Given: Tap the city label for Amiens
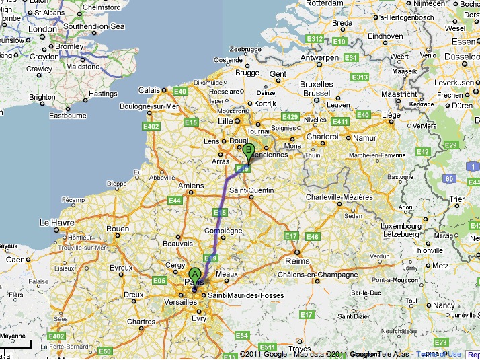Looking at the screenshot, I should click(x=190, y=186).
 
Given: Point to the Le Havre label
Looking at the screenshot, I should click(x=55, y=221).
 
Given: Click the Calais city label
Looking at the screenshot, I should click(x=149, y=89).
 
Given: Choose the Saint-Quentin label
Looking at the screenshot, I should click(x=251, y=190).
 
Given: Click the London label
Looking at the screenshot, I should click(x=43, y=29).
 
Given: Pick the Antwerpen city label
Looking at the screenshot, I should click(x=319, y=58).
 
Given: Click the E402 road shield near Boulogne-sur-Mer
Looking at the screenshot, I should click(x=151, y=126).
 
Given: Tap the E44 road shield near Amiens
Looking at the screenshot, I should click(x=175, y=200).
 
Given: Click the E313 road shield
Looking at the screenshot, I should click(x=360, y=77).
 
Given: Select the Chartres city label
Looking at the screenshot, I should click(x=141, y=322).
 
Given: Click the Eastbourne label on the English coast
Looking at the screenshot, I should click(x=68, y=115).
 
